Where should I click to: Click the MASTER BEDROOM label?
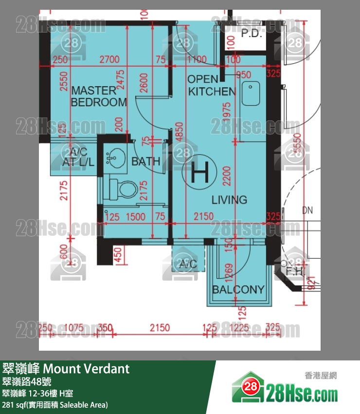pos(98,96)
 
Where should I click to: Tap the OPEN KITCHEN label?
pos(212,85)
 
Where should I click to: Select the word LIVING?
pos(229,200)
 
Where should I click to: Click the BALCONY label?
pos(238,290)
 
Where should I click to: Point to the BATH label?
pos(145,161)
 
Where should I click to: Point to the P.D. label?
pos(251,34)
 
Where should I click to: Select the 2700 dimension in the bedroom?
pos(109,60)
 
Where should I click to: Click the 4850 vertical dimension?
pos(180,132)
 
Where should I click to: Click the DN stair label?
pos(307,211)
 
